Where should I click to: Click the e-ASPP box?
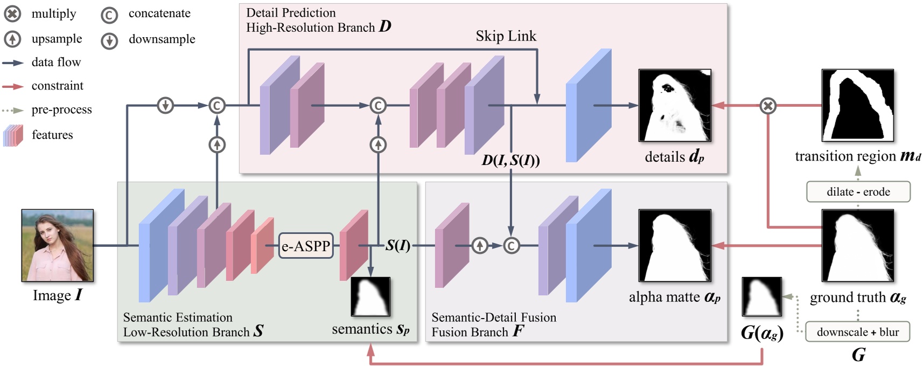[x=306, y=246]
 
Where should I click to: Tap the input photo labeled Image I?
[x=58, y=245]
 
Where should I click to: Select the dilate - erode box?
[x=858, y=192]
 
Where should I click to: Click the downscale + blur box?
[x=857, y=332]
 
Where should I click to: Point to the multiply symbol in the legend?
[x=12, y=13]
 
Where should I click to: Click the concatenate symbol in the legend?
[x=109, y=15]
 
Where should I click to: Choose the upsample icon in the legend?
[x=12, y=39]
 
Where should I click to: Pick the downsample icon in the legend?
[x=109, y=40]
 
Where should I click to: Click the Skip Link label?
[x=506, y=36]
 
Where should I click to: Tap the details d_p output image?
[x=674, y=105]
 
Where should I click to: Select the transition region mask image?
[x=857, y=105]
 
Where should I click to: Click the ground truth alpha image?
[x=857, y=245]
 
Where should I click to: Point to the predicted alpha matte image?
[x=674, y=245]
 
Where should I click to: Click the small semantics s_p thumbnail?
[x=371, y=296]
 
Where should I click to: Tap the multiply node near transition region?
[x=768, y=106]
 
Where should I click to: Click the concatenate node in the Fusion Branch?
[x=511, y=246]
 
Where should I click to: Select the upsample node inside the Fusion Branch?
[x=479, y=246]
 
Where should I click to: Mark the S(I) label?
[x=397, y=246]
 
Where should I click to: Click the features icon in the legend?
[x=13, y=135]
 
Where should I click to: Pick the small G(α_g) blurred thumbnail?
[x=762, y=296]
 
